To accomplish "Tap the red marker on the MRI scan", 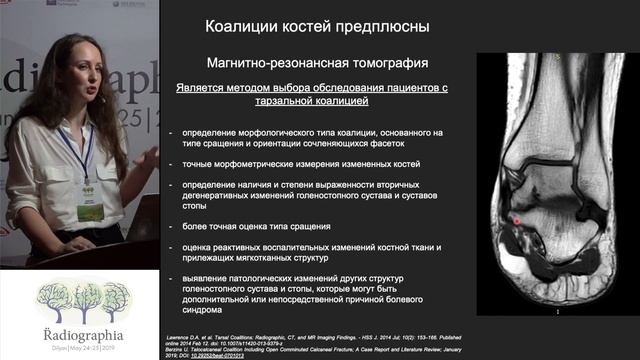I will [517, 219].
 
